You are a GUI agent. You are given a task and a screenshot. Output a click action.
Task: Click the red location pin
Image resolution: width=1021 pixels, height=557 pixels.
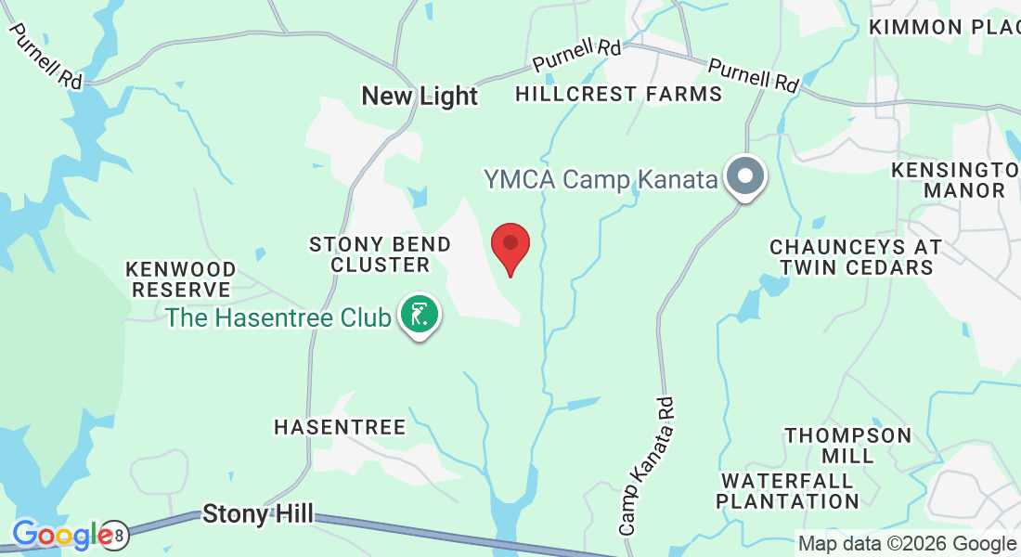click(510, 245)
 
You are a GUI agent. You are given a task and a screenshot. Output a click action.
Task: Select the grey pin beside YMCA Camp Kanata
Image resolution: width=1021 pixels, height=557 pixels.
click(744, 176)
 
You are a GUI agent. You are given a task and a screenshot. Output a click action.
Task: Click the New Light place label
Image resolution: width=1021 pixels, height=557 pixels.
click(420, 96)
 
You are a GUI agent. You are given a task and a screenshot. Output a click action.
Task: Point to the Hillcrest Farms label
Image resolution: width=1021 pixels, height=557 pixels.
click(618, 94)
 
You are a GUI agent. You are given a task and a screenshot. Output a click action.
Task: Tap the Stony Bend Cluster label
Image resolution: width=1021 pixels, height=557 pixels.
click(381, 254)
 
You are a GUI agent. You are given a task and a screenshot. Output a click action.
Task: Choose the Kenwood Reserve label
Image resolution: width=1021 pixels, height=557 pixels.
click(181, 278)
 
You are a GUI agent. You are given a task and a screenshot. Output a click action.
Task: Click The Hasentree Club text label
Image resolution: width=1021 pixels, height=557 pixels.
click(278, 317)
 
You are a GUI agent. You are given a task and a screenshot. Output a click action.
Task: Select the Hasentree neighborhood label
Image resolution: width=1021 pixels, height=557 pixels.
click(340, 427)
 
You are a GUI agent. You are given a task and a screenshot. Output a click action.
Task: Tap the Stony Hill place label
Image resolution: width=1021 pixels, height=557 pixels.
click(258, 513)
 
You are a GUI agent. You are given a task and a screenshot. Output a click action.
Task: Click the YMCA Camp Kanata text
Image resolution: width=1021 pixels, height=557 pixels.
click(601, 179)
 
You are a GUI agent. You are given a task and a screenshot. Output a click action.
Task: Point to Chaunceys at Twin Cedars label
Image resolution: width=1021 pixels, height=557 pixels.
click(856, 257)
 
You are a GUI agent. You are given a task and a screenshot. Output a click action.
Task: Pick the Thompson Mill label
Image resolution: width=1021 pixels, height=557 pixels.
click(848, 446)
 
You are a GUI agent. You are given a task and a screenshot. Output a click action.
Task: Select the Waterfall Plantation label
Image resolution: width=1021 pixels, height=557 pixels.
click(789, 491)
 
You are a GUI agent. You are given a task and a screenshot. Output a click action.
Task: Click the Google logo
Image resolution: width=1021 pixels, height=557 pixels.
click(62, 535)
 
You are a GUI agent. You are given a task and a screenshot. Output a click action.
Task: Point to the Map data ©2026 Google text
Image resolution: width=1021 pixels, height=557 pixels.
click(907, 544)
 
